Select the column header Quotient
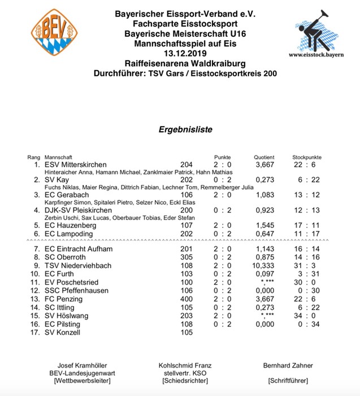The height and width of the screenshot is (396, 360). point(264,157)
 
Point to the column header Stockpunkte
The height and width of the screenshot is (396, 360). point(306,157)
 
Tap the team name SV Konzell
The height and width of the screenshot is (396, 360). point(64,333)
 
